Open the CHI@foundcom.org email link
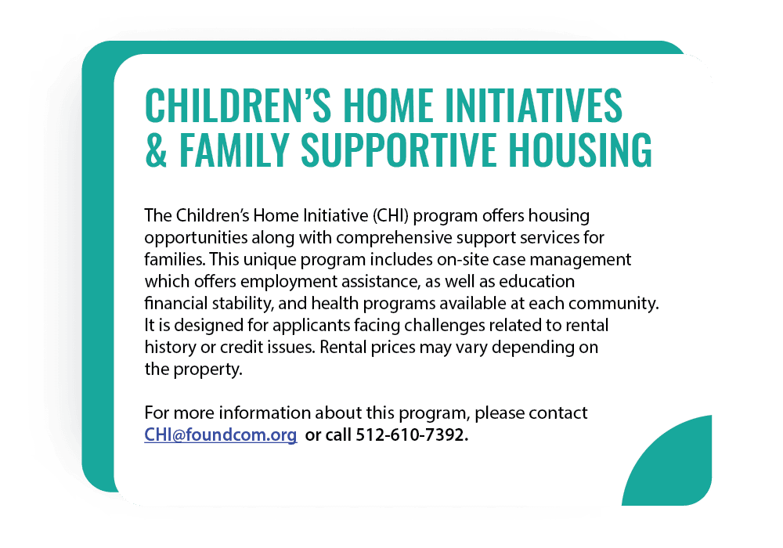[220, 435]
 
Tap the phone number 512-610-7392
[412, 435]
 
